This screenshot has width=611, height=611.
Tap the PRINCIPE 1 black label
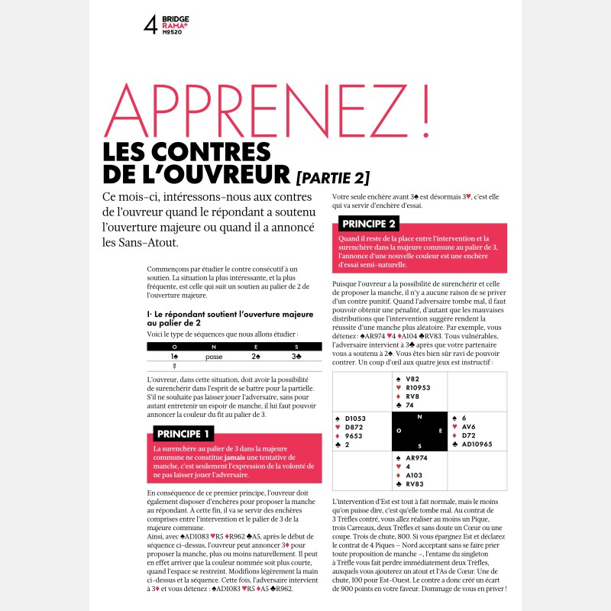pyautogui.click(x=183, y=433)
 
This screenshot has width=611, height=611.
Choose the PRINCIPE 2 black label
pyautogui.click(x=370, y=224)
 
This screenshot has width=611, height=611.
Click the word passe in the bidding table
pyautogui.click(x=214, y=356)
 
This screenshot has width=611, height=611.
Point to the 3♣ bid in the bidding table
pyautogui.click(x=296, y=356)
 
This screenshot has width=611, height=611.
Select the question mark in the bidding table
pyautogui.click(x=175, y=366)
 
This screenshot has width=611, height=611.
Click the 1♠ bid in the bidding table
pyautogui.click(x=175, y=356)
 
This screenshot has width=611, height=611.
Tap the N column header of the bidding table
pyautogui.click(x=214, y=346)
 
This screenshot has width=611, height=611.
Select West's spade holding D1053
pyautogui.click(x=356, y=419)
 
